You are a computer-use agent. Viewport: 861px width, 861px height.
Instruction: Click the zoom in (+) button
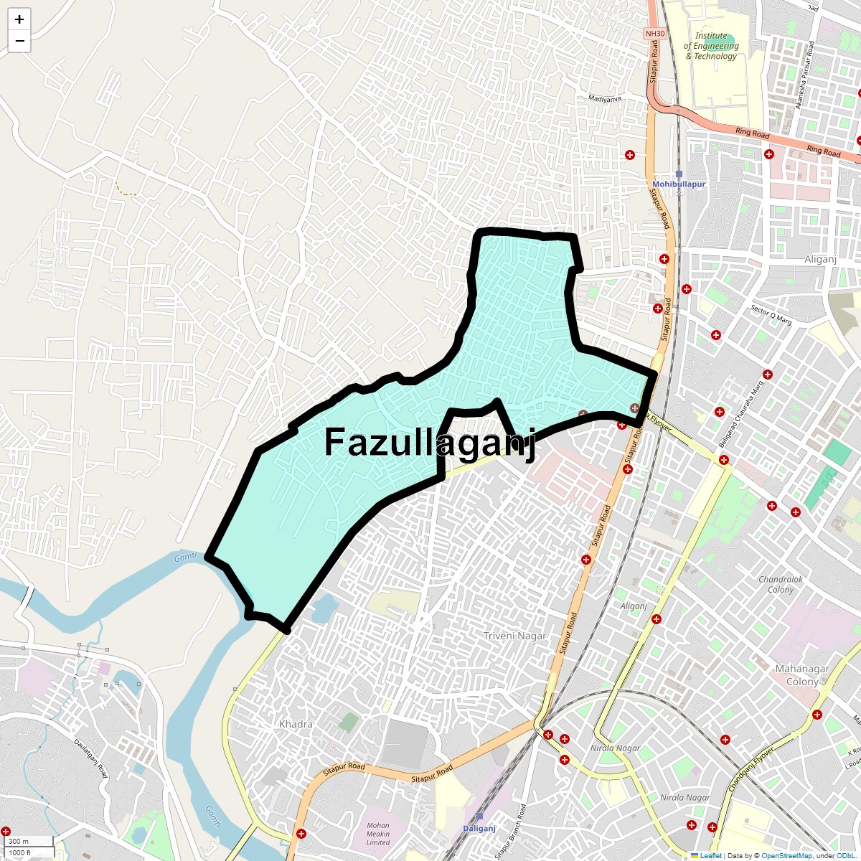click(19, 19)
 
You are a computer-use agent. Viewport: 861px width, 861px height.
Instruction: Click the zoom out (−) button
click(19, 41)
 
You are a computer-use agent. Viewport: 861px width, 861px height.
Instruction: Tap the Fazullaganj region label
click(430, 442)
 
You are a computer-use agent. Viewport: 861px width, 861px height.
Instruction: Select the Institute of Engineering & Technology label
click(711, 46)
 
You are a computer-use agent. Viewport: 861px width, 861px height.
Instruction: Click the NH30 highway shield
click(654, 34)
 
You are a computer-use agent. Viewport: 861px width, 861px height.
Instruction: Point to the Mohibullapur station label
click(679, 184)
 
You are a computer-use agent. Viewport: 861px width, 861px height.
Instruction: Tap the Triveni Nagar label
click(514, 636)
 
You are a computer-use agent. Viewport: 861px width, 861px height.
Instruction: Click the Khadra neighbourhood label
click(296, 724)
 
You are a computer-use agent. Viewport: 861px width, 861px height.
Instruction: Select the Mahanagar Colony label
click(802, 675)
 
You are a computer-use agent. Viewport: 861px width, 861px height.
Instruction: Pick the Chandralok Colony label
click(781, 584)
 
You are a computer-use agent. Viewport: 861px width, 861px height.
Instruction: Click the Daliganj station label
click(479, 829)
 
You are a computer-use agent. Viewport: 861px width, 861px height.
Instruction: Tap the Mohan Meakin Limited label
click(378, 834)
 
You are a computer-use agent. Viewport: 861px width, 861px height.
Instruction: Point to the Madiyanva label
click(604, 98)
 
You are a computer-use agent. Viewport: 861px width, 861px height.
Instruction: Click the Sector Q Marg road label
click(771, 316)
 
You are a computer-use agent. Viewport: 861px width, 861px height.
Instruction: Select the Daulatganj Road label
click(91, 759)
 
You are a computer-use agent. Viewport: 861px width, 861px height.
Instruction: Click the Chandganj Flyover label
click(751, 770)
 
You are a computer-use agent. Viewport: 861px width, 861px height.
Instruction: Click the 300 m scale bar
click(27, 842)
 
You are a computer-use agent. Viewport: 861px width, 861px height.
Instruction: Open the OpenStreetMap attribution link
click(786, 856)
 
